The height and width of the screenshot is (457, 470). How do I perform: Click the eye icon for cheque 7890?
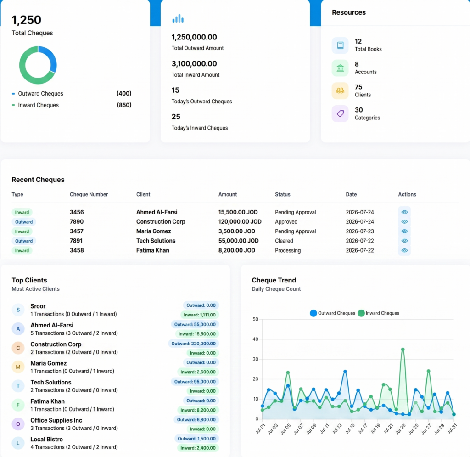404,221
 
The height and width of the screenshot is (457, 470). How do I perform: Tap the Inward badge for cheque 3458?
22,250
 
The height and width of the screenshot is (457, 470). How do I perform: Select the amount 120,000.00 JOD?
240,221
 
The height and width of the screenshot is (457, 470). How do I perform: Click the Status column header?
283,194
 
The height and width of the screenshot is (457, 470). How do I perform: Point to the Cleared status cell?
284,241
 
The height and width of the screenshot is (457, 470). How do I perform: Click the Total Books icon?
340,45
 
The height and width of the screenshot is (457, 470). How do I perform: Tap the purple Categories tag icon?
340,113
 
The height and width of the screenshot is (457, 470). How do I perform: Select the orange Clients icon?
340,90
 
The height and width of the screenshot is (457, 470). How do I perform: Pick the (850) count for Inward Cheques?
124,105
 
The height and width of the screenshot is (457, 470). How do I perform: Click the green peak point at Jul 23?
403,350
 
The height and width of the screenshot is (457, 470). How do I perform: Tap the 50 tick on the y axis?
255,319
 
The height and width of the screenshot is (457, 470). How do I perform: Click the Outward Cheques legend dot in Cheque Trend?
313,313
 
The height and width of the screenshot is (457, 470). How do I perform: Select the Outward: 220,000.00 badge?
193,344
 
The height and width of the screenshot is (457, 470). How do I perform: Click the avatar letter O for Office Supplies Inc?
18,424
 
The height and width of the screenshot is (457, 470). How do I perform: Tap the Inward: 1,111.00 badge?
200,315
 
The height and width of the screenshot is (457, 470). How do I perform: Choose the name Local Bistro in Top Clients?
46,439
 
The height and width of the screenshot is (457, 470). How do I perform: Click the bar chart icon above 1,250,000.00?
178,18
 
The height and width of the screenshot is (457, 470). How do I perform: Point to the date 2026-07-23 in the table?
360,231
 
